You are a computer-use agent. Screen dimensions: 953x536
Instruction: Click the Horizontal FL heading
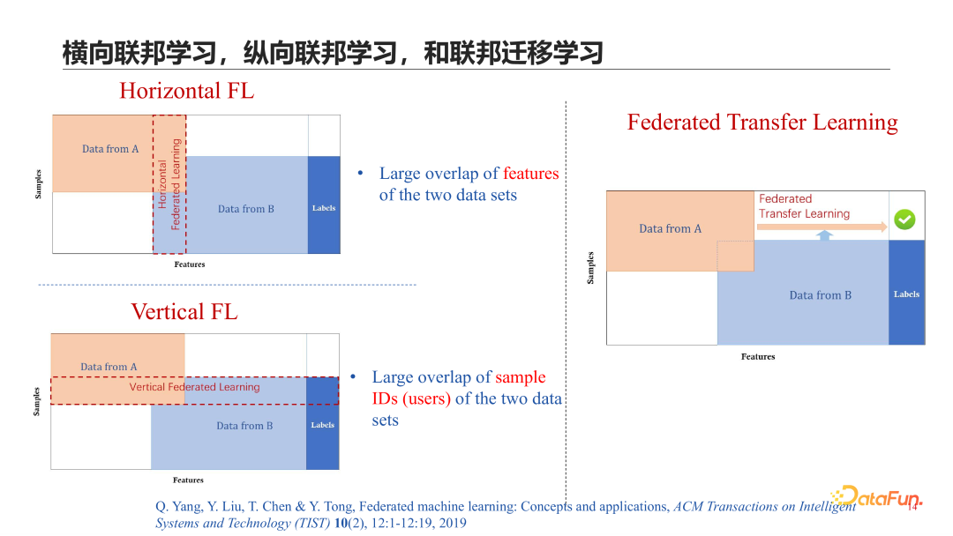click(186, 91)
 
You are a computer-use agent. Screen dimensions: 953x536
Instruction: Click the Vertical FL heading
click(184, 311)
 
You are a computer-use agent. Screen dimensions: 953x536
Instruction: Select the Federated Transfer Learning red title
click(762, 123)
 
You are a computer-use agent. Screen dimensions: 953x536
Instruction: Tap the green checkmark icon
click(904, 219)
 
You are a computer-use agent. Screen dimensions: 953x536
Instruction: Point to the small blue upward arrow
click(824, 235)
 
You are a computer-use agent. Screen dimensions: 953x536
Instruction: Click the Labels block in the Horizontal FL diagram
click(324, 208)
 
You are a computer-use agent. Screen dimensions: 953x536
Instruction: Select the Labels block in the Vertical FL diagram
click(323, 425)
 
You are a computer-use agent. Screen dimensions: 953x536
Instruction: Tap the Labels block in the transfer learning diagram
click(906, 294)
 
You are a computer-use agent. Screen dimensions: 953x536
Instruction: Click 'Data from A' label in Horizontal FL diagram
click(110, 149)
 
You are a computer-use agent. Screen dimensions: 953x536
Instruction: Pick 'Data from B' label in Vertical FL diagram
click(244, 426)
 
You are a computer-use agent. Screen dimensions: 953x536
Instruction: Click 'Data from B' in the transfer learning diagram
click(820, 295)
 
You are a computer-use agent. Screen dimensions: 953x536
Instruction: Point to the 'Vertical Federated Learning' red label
click(194, 387)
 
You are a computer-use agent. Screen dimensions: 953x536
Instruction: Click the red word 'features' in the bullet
click(531, 174)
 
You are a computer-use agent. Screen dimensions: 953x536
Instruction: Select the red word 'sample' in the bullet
click(521, 377)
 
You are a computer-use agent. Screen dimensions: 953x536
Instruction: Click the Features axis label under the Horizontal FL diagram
click(190, 264)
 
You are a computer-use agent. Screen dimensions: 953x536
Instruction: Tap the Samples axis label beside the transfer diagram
click(590, 268)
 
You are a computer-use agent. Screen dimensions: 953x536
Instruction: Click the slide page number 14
click(912, 507)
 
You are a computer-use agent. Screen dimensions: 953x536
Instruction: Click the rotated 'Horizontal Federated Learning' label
click(169, 184)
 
